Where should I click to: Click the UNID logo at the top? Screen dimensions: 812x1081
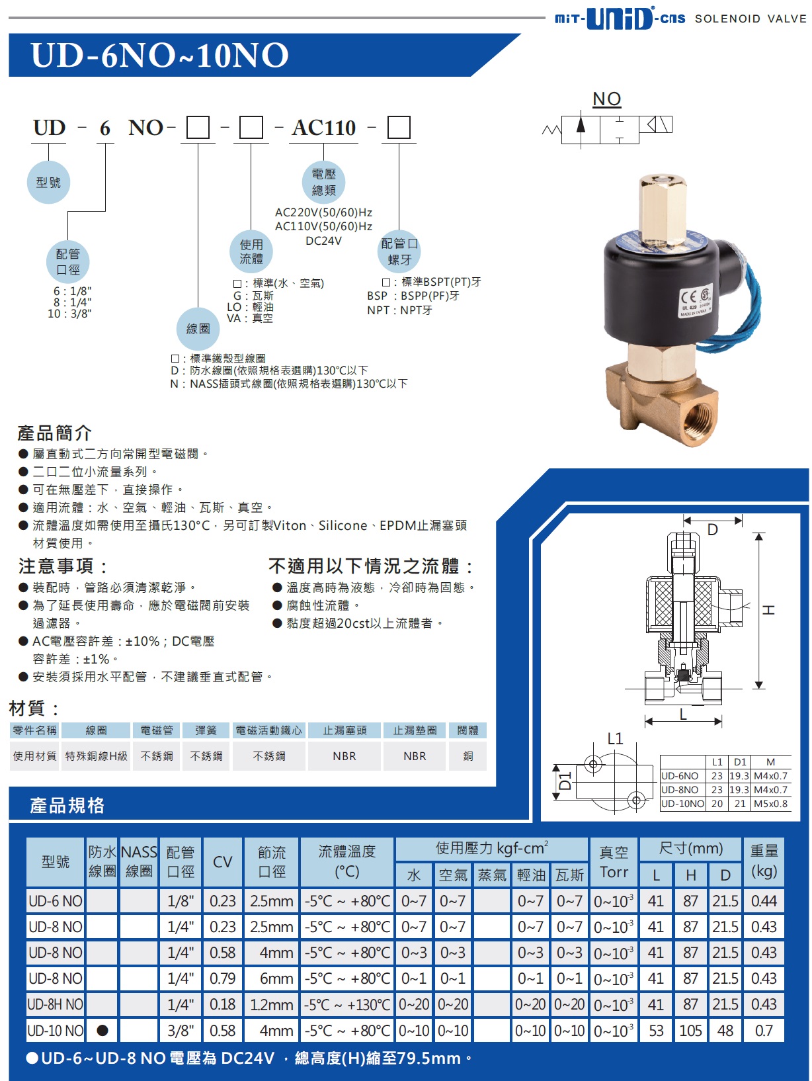tap(620, 18)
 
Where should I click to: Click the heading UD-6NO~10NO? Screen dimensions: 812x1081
tap(160, 55)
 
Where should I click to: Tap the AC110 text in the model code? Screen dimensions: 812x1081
tap(324, 128)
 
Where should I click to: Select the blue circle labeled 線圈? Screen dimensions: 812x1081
tap(198, 329)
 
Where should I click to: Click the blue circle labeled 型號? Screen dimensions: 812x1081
tap(48, 182)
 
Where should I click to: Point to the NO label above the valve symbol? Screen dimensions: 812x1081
tap(607, 99)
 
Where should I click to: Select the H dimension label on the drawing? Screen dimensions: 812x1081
tap(768, 610)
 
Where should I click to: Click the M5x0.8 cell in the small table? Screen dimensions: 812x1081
tap(770, 804)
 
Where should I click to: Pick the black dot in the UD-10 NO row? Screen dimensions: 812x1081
tap(102, 1030)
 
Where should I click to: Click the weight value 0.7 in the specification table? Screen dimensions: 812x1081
tap(763, 1030)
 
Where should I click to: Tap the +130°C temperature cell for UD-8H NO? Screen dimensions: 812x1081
tap(347, 1004)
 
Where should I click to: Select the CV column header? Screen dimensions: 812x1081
tap(222, 862)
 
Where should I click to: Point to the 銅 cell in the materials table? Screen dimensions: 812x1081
tap(467, 756)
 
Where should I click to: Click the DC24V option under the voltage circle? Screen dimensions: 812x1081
tap(323, 241)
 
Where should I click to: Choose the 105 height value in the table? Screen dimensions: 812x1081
tap(690, 1030)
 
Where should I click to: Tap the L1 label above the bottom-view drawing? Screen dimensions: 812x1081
tap(615, 738)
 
